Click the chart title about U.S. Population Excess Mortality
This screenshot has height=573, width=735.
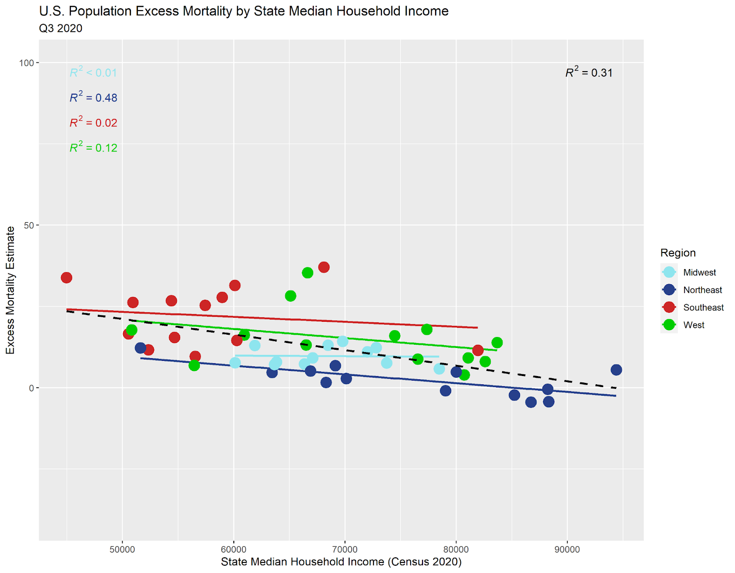pyautogui.click(x=243, y=11)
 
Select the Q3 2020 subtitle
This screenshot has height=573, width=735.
pyautogui.click(x=61, y=28)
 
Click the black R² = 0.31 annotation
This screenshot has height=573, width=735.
pyautogui.click(x=588, y=73)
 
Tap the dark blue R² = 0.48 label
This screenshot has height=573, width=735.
pyautogui.click(x=93, y=98)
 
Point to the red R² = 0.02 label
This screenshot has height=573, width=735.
pyautogui.click(x=93, y=123)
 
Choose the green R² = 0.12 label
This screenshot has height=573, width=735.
pyautogui.click(x=93, y=148)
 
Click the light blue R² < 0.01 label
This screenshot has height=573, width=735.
pyautogui.click(x=93, y=73)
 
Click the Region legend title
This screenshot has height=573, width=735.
pyautogui.click(x=678, y=253)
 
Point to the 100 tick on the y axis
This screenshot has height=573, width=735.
pyautogui.click(x=27, y=63)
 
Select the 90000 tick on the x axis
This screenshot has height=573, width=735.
pyautogui.click(x=567, y=550)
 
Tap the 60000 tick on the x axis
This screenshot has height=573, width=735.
pyautogui.click(x=233, y=550)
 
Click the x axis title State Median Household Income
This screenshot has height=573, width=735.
pyautogui.click(x=341, y=562)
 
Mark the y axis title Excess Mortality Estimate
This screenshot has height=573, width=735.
pyautogui.click(x=10, y=290)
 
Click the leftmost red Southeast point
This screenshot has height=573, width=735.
pyautogui.click(x=67, y=277)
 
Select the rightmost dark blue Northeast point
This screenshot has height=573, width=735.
pyautogui.click(x=616, y=370)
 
